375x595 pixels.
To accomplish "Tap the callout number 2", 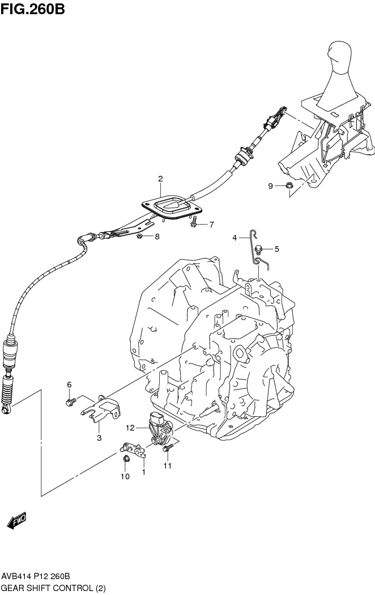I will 160,179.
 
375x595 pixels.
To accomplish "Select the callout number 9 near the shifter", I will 271,186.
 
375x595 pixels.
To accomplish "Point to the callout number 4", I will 234,238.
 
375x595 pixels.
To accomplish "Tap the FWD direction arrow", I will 16,520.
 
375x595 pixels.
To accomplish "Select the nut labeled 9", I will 288,185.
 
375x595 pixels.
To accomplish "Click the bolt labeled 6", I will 71,402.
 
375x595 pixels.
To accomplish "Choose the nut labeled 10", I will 126,458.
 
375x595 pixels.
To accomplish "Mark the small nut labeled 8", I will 140,236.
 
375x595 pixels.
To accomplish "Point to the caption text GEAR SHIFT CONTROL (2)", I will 54,588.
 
